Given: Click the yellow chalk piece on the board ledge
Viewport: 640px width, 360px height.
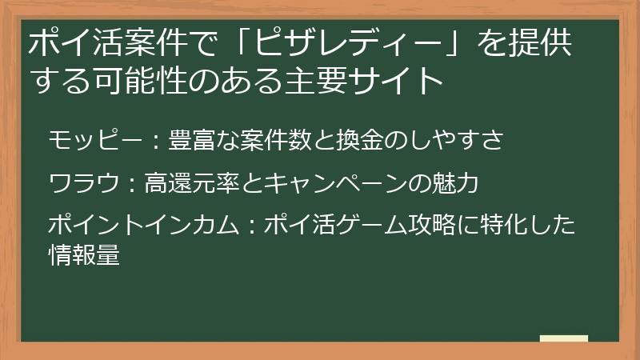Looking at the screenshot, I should [x=563, y=338].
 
